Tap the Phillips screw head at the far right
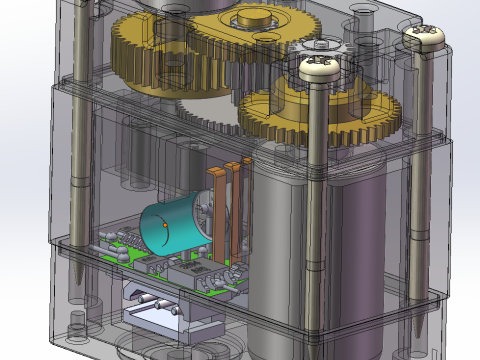pos(424,36)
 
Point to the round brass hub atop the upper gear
pos(250,17)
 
